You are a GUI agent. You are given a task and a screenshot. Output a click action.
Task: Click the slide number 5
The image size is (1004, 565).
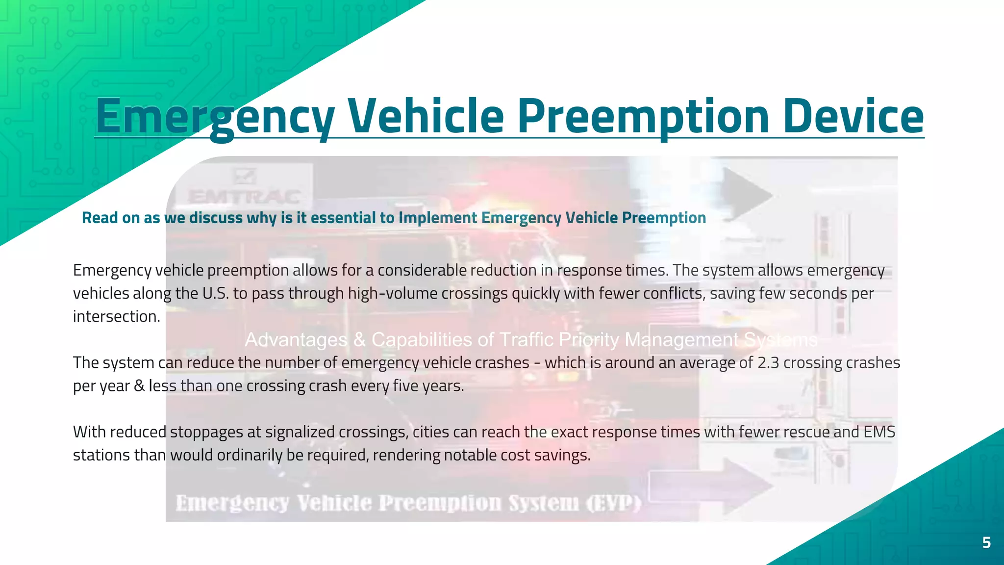(x=986, y=542)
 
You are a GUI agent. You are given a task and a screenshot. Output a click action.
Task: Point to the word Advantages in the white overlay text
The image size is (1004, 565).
(x=296, y=339)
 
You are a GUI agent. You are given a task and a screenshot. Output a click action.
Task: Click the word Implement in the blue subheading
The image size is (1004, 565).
(x=437, y=217)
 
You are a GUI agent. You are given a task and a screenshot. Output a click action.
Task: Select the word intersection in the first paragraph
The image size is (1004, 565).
(x=116, y=316)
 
